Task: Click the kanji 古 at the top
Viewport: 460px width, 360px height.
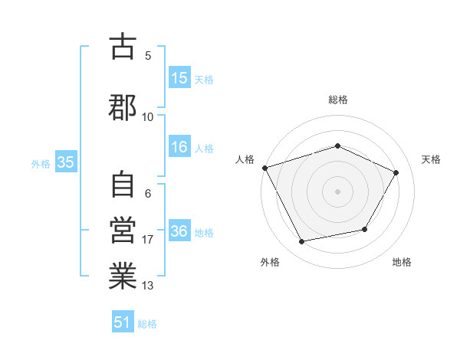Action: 123,47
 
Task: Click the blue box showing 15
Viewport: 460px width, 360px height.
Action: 179,78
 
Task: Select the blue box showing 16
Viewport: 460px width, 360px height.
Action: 179,148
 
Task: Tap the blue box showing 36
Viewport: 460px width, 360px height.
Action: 179,231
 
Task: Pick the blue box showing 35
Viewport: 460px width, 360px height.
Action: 65,162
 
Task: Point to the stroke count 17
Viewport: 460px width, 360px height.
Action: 148,240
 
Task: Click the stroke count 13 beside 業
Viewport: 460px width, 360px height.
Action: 148,286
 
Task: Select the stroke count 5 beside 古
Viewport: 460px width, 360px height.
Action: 148,55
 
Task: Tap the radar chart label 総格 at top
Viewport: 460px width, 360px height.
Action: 337,100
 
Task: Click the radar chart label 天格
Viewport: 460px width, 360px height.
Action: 431,159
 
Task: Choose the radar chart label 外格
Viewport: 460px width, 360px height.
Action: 270,262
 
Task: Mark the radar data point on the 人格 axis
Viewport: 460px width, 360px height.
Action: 264,168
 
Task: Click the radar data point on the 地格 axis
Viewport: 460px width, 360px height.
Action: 365,229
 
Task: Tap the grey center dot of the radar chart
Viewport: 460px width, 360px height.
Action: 337,191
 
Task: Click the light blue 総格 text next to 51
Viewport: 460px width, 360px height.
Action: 147,323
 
